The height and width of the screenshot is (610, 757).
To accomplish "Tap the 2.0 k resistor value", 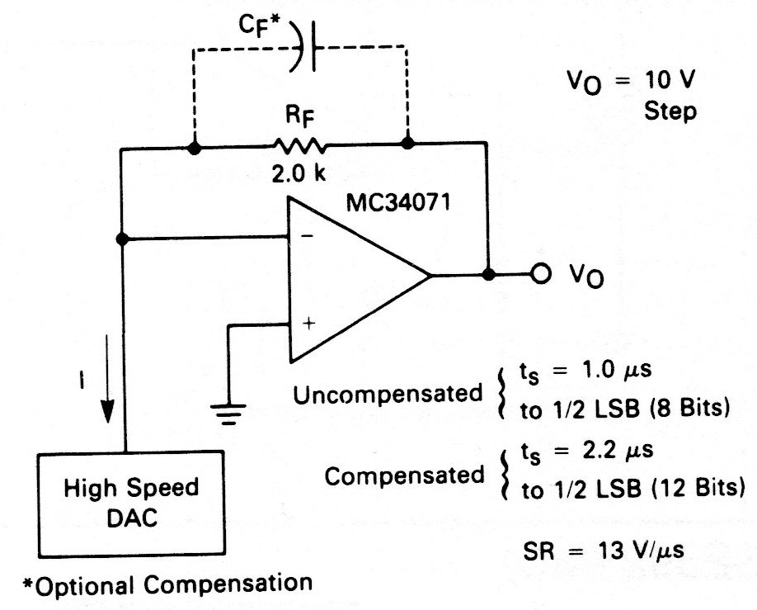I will pyautogui.click(x=299, y=176).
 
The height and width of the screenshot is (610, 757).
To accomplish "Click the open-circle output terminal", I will pyautogui.click(x=540, y=276).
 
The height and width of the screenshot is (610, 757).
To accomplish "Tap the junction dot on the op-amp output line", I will pyautogui.click(x=489, y=275).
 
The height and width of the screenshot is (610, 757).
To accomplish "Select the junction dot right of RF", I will pyautogui.click(x=407, y=144).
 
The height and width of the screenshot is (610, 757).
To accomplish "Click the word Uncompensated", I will pyautogui.click(x=388, y=394).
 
